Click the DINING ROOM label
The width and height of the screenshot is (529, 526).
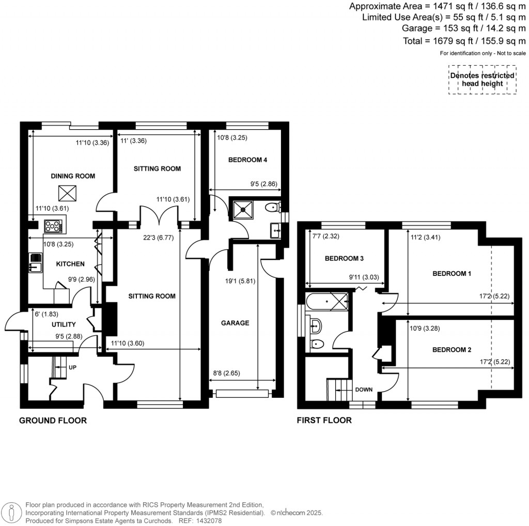tap(73, 176)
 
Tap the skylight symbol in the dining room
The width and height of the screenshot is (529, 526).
tap(66, 193)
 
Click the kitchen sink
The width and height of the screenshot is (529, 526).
tap(36, 262)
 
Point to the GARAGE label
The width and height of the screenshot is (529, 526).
tap(235, 323)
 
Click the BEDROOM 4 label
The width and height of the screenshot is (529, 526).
tap(247, 160)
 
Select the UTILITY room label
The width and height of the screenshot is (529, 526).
tap(64, 324)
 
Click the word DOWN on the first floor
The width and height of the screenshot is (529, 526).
tap(364, 390)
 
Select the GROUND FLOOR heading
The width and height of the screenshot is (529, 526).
tap(53, 421)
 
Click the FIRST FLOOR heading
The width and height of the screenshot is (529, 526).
tap(324, 421)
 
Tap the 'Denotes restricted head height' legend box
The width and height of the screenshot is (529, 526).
tap(482, 80)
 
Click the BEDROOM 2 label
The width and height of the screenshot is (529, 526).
tap(452, 350)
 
